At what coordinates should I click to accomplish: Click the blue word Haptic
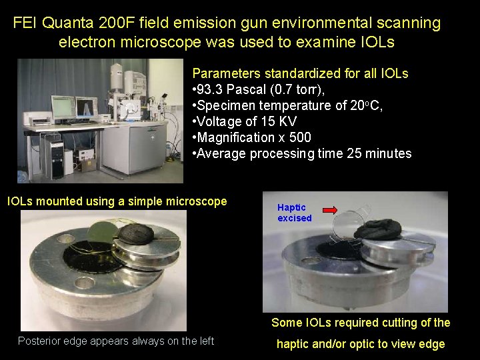click(x=291, y=207)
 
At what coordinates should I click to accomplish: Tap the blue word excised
click(x=295, y=218)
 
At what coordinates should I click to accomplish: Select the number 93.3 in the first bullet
click(x=213, y=89)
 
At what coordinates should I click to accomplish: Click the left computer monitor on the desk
click(x=63, y=107)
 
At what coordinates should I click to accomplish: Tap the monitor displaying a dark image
click(x=87, y=107)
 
